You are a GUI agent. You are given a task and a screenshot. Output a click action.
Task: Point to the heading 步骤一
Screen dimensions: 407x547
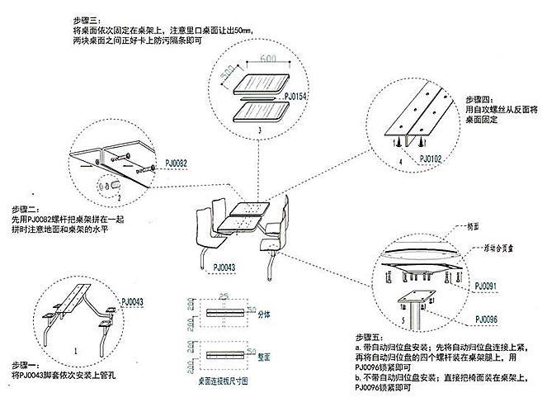pyautogui.click(x=28, y=364)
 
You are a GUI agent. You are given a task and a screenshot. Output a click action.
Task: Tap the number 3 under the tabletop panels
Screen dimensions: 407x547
pyautogui.click(x=259, y=130)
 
